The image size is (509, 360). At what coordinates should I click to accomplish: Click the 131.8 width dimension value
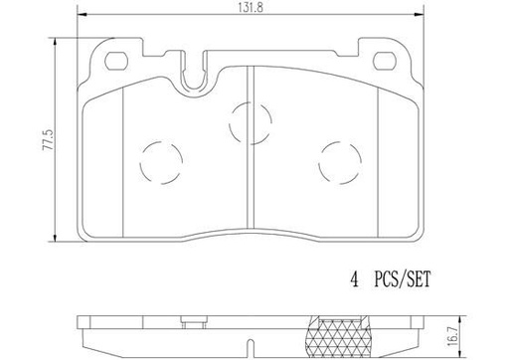click(x=244, y=7)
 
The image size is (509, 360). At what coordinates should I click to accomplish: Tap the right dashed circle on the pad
click(x=338, y=156)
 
